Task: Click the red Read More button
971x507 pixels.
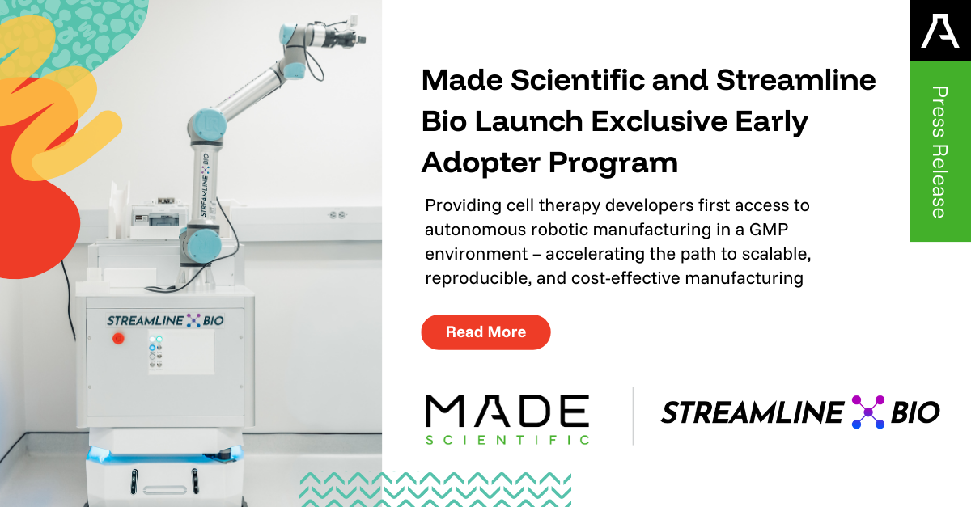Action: coord(485,332)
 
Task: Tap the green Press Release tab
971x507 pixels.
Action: coord(939,151)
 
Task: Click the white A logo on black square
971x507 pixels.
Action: coord(939,30)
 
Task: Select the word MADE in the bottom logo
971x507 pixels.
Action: coord(507,412)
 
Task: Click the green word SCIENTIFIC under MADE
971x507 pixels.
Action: coord(507,439)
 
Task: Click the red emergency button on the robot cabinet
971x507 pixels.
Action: coord(121,339)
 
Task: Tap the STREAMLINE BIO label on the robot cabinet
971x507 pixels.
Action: coord(165,321)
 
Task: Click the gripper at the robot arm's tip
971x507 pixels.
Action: coord(354,36)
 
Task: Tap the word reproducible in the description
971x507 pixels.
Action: coord(470,278)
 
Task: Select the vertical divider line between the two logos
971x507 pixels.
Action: coord(633,416)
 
